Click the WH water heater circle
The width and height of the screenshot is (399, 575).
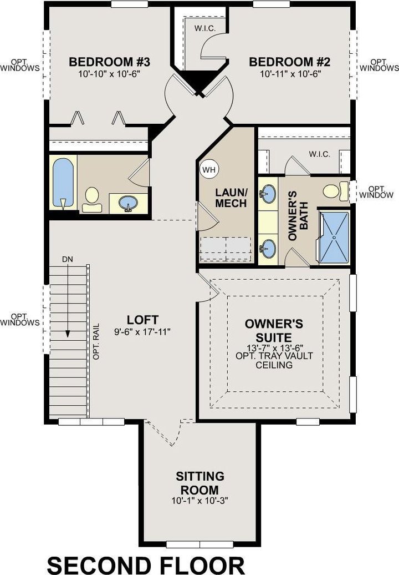209,169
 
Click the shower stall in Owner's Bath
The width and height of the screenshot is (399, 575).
334,237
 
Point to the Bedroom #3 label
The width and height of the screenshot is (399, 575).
110,62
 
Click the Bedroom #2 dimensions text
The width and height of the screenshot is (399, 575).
290,74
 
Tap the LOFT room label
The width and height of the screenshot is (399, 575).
142,319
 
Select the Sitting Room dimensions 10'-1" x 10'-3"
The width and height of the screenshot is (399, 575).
200,501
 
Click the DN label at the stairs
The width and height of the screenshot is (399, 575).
68,259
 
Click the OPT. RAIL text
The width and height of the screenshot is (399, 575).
96,341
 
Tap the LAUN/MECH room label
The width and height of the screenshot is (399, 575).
231,198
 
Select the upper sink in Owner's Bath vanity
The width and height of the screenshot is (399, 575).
268,194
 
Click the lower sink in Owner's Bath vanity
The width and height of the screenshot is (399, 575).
268,248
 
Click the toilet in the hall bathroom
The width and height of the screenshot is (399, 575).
91,199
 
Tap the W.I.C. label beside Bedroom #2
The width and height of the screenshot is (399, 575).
205,29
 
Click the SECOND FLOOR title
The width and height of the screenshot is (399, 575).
146,565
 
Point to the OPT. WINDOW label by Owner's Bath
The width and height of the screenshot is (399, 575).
376,192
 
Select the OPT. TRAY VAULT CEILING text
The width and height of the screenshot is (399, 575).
274,360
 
